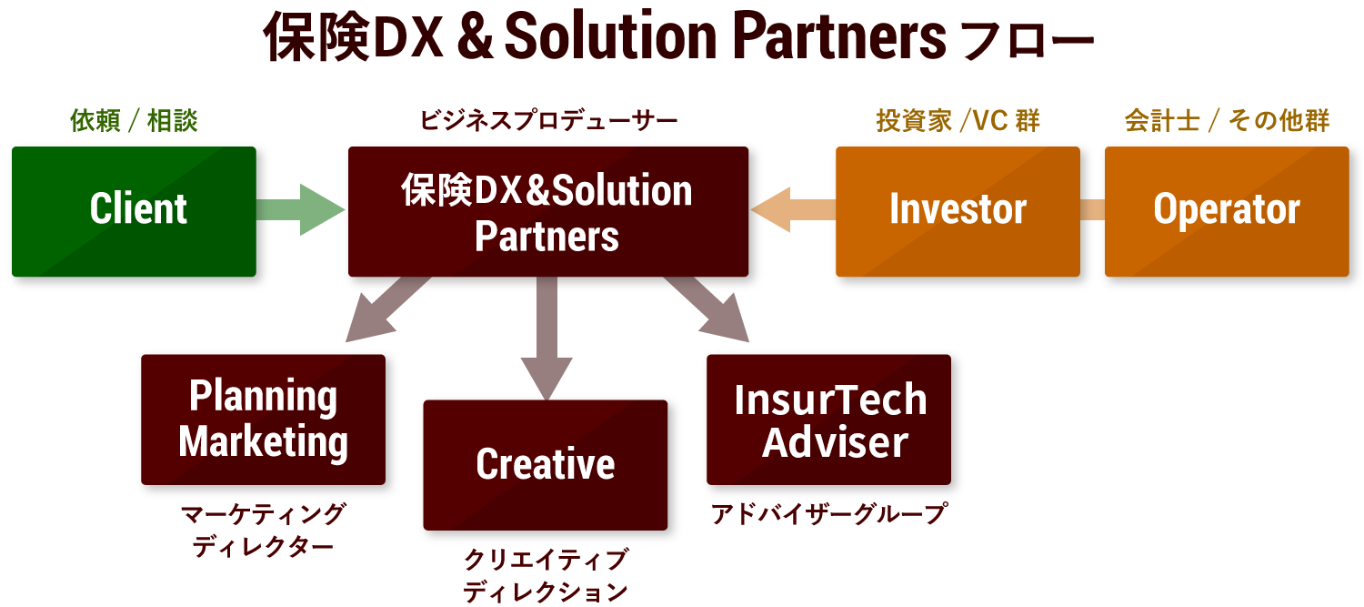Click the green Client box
coord(134,211)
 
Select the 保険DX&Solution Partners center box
coord(547,212)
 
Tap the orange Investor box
coord(957,211)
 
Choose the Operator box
coord(1226,211)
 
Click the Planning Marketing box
coord(263,420)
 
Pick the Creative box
coord(545,464)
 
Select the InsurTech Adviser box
coord(828,420)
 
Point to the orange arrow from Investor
coord(791,210)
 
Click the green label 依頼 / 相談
coord(134,121)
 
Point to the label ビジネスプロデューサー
coord(547,121)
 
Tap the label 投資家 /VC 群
coord(958,121)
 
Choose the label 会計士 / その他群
coord(1227,121)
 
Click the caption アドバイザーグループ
coord(828,514)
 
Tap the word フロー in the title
coord(1027,40)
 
